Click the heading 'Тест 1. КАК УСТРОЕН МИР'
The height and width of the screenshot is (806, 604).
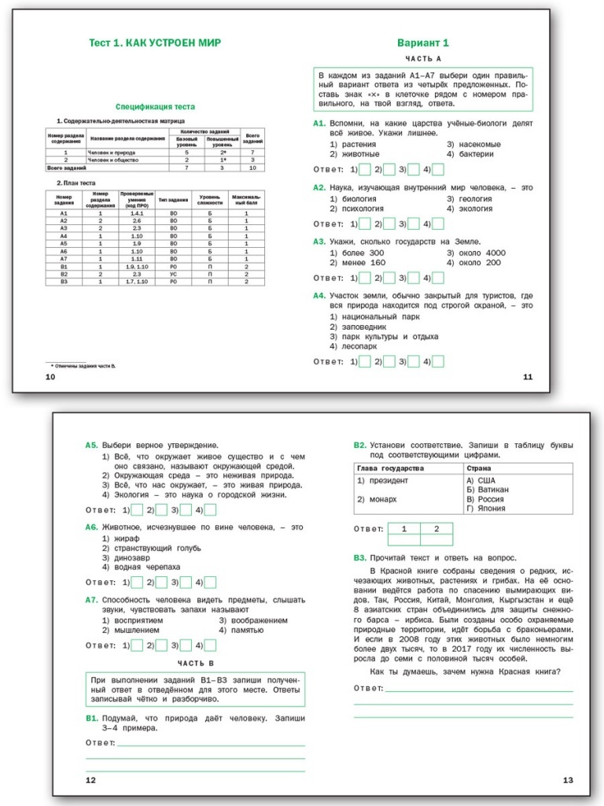coord(154,43)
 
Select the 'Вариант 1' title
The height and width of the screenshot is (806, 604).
coord(423,43)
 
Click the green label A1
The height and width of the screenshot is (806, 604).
coord(319,124)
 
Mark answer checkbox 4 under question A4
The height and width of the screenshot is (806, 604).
coord(438,361)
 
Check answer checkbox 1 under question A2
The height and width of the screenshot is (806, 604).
coord(365,224)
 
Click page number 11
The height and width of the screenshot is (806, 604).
coord(528,378)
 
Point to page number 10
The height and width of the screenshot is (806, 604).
coord(51,378)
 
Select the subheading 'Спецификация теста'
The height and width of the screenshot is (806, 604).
coord(155,106)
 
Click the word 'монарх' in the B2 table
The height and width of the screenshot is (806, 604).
coord(379,499)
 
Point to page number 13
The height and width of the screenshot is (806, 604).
coord(569,780)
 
